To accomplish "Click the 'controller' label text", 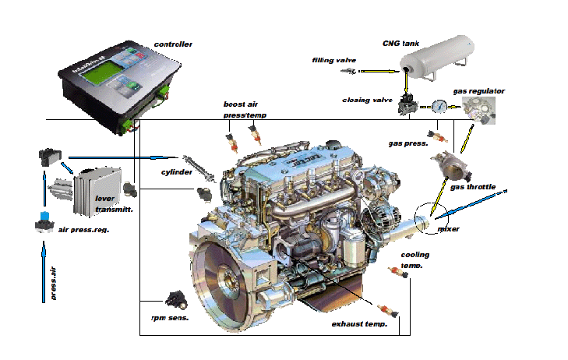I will click(x=173, y=44).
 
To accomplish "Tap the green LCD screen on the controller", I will click(x=93, y=79).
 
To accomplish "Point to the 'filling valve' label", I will click(x=333, y=60).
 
